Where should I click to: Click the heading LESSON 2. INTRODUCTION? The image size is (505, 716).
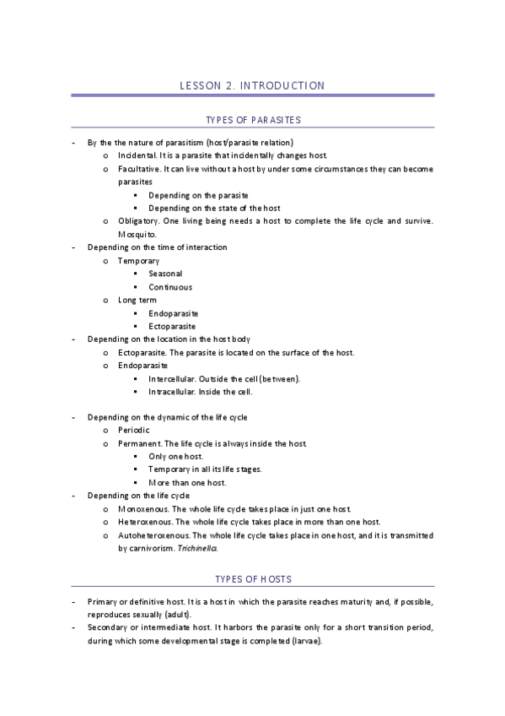[x=252, y=85]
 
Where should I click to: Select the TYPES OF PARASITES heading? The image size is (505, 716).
[x=253, y=120]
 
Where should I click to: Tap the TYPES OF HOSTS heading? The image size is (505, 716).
[x=253, y=578]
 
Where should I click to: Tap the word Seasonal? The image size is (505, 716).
[x=165, y=274]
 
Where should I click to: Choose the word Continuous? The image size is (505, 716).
[x=169, y=287]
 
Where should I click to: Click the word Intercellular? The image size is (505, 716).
[x=172, y=378]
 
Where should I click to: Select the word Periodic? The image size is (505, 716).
[x=134, y=431]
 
